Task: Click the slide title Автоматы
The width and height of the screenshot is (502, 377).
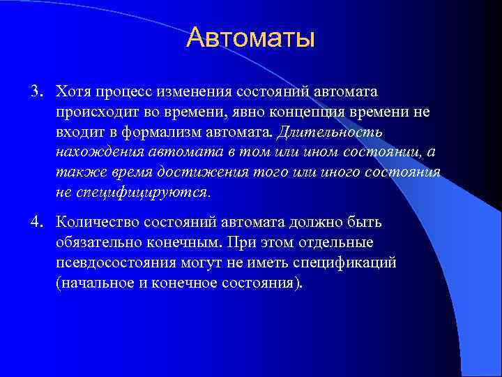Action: click(250, 38)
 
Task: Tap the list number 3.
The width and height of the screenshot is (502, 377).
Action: click(35, 92)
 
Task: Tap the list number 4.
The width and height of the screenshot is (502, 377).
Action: click(35, 223)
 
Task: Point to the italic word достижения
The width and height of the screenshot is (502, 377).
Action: click(210, 172)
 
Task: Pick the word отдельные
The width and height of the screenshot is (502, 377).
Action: click(336, 242)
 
